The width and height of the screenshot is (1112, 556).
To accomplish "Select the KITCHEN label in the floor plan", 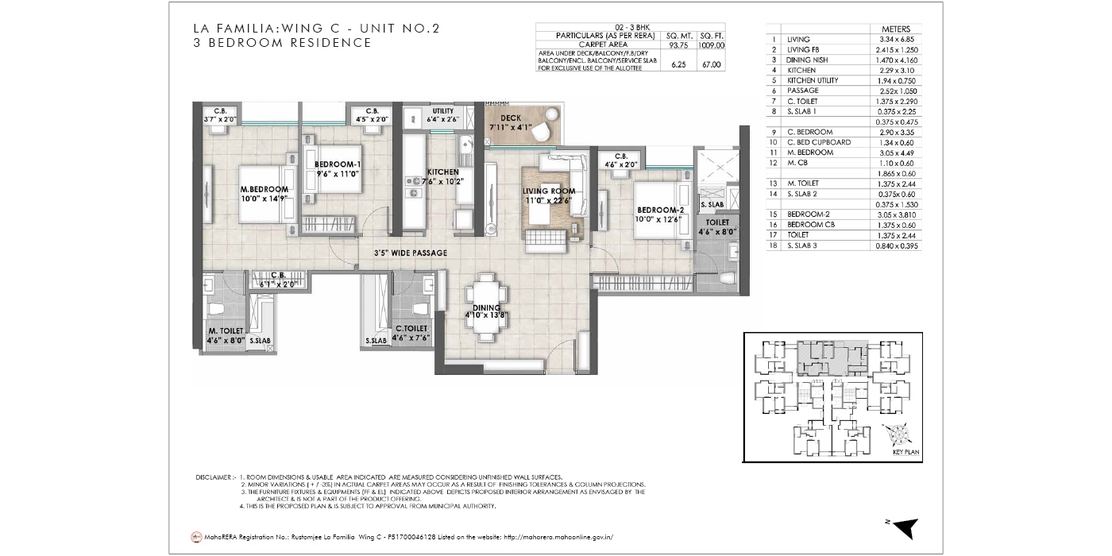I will click(x=442, y=172).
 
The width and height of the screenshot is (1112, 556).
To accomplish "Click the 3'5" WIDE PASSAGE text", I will click(x=411, y=253).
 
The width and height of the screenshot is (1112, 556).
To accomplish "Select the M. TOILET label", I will click(x=225, y=330).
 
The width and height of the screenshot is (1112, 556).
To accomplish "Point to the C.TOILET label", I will click(x=411, y=327).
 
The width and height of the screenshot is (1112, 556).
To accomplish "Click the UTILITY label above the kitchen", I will click(x=442, y=110).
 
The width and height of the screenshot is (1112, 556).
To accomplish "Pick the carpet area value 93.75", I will click(x=678, y=45).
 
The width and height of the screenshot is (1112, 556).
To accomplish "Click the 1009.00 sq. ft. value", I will click(x=712, y=45).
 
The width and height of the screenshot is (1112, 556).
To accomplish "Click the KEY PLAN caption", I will click(x=905, y=451).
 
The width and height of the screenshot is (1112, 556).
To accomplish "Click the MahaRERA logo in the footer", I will click(x=196, y=537).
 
